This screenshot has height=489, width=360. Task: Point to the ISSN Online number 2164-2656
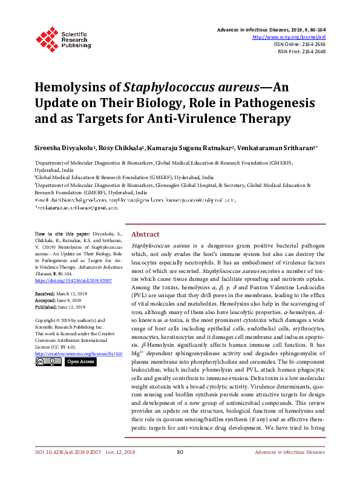(x=312, y=44)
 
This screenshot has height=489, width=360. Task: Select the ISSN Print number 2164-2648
(x=312, y=51)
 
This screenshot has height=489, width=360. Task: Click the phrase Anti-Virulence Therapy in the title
(x=205, y=119)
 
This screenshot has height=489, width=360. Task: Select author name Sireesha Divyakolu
(x=65, y=147)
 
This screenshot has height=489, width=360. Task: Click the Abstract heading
(x=145, y=234)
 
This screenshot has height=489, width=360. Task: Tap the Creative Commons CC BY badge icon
(x=48, y=361)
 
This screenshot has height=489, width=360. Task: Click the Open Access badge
(x=79, y=361)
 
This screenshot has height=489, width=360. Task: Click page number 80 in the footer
(x=180, y=468)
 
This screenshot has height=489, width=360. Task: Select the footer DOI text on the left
(x=60, y=468)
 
